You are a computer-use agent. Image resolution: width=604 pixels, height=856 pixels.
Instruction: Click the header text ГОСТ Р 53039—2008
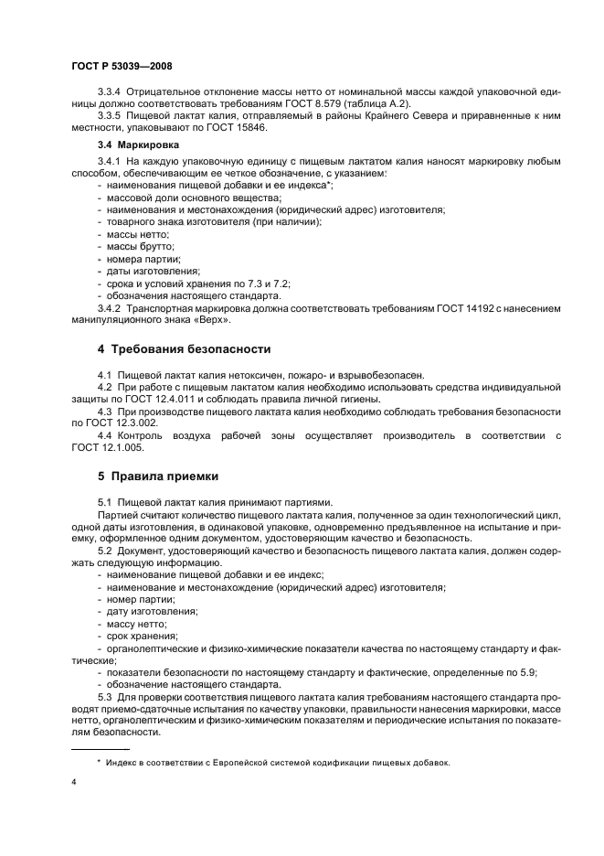pos(121,67)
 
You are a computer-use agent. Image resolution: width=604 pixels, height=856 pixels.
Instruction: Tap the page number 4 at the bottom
pos(73,783)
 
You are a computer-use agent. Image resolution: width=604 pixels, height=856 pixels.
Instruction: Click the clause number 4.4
pos(106,434)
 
